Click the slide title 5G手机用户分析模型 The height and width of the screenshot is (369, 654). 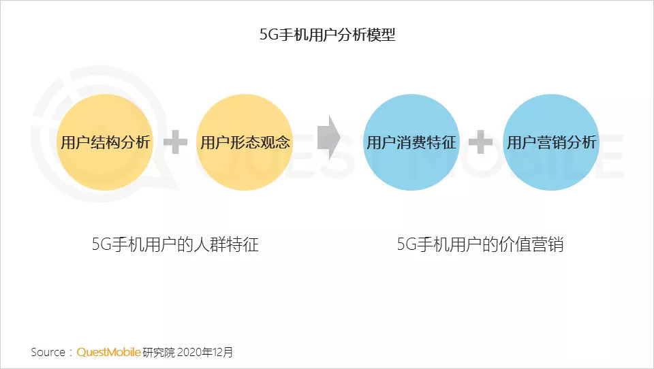coord(327,35)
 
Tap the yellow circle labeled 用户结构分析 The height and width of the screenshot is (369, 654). coord(105,142)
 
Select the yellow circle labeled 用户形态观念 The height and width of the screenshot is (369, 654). coord(245,142)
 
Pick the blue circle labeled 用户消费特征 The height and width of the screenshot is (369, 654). coord(411,142)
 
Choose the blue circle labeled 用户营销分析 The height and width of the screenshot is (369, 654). coord(550,142)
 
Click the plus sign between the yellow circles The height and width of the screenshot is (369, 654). coord(175,142)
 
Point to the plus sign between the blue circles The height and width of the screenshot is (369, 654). coord(481,142)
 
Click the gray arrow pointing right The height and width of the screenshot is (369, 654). coord(328,138)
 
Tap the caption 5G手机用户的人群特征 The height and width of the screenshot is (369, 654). coord(175,245)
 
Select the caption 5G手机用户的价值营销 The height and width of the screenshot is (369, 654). coord(480,245)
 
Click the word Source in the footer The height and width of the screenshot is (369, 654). coord(48,353)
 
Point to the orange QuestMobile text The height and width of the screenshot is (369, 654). coord(108,353)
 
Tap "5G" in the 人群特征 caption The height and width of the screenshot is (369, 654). coord(101,245)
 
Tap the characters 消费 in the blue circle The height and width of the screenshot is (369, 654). coord(411,142)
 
